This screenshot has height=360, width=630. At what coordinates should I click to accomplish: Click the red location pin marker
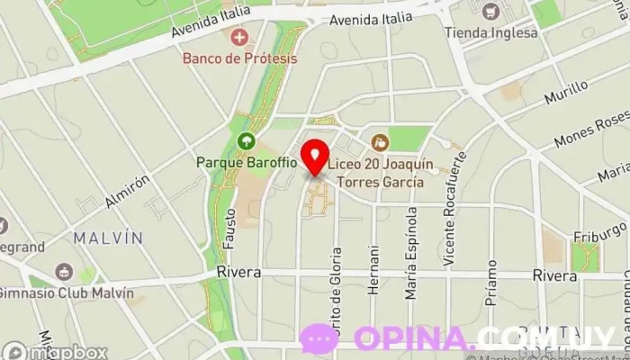click(x=314, y=157)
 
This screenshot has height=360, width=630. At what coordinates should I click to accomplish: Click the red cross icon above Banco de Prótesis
click(x=239, y=37)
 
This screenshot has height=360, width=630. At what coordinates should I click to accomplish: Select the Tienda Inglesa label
click(x=491, y=32)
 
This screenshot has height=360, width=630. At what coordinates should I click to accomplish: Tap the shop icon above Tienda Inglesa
click(x=490, y=12)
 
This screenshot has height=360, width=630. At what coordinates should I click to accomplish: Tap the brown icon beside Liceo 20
click(x=380, y=141)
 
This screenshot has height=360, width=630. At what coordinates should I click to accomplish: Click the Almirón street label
click(x=127, y=191)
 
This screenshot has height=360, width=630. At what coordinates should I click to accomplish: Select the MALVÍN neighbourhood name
click(x=108, y=238)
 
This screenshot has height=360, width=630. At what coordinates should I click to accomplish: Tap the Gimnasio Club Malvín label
click(x=65, y=293)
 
